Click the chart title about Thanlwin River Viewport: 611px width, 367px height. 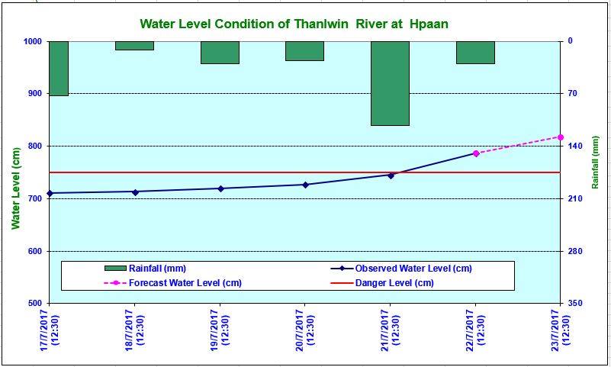pyautogui.click(x=294, y=24)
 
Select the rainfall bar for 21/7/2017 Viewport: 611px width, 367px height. pyautogui.click(x=390, y=83)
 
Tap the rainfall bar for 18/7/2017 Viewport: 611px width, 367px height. pyautogui.click(x=134, y=46)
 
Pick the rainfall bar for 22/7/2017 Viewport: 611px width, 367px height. pyautogui.click(x=475, y=53)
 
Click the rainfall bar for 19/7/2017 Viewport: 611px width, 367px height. pyautogui.click(x=220, y=53)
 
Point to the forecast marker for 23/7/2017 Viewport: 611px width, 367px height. pyautogui.click(x=561, y=137)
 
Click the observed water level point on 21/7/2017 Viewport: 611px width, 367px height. pyautogui.click(x=391, y=175)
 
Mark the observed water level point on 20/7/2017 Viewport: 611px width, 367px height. pyautogui.click(x=305, y=185)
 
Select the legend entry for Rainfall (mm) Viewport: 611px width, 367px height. pyautogui.click(x=146, y=269)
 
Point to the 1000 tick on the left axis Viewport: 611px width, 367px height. pyautogui.click(x=34, y=41)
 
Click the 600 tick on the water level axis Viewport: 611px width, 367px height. pyautogui.click(x=36, y=251)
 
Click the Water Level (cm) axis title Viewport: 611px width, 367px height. pyautogui.click(x=15, y=188)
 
